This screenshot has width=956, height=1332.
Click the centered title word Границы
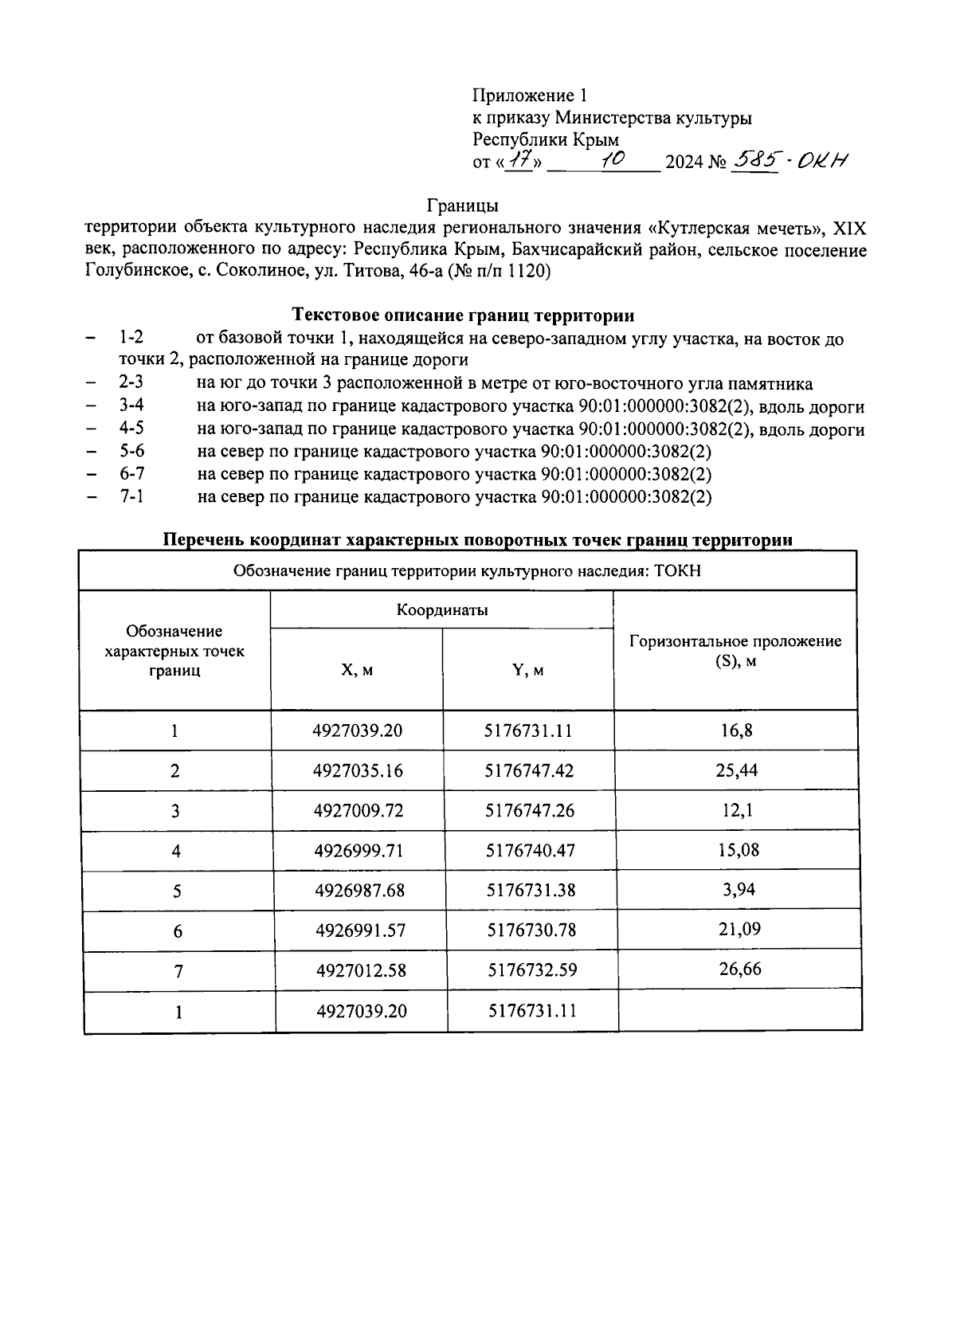coord(462,206)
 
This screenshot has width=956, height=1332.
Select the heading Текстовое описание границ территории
coord(463,315)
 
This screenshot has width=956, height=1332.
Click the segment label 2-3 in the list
coord(131,384)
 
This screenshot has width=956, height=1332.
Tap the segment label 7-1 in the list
coord(131,497)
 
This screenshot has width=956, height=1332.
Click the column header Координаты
coord(442,610)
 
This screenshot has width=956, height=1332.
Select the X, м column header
coord(357,670)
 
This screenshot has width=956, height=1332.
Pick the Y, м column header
coord(528,670)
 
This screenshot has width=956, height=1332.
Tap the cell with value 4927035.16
coord(358,770)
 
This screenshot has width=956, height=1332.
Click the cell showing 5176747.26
coord(530,810)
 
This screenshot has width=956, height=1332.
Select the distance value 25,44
coord(738,770)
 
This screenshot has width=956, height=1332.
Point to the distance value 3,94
coord(738,889)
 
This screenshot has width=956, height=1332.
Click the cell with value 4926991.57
coord(360,930)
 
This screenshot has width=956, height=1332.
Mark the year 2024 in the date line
coord(684,163)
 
